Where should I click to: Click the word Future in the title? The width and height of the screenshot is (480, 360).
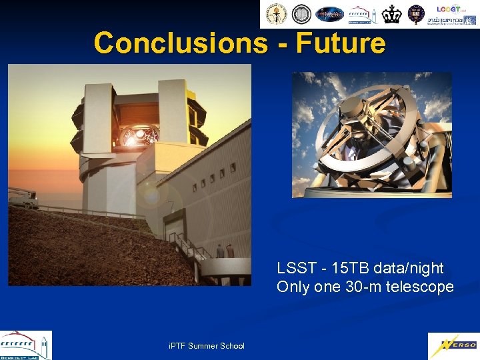coord(341,43)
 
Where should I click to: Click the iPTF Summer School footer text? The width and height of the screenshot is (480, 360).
coord(207,345)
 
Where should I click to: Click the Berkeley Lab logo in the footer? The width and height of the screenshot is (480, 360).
coord(25,345)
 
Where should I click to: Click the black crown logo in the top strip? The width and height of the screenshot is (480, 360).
coord(392,14)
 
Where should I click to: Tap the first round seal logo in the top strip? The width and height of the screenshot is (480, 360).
coord(275,14)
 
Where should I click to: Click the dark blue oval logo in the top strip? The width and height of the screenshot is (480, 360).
coord(329,14)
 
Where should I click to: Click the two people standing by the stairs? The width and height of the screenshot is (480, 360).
coord(225,251)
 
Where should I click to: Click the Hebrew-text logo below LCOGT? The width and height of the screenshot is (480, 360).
coord(451,20)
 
